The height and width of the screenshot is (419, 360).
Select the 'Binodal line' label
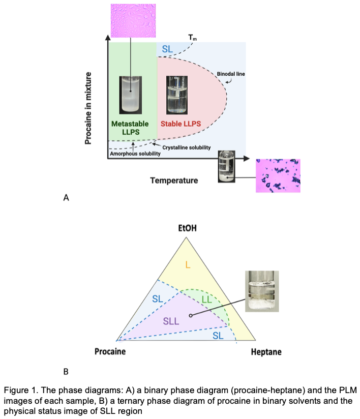231,75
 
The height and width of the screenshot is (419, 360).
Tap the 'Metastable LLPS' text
130,128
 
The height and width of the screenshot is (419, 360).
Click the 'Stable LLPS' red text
180,124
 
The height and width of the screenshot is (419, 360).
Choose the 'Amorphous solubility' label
132,154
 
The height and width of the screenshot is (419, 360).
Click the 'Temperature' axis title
174,180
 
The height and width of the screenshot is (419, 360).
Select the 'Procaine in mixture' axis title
88,108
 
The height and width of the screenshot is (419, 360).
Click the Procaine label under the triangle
110,352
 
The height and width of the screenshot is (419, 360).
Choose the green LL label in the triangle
206,300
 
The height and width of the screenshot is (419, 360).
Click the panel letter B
66,372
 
